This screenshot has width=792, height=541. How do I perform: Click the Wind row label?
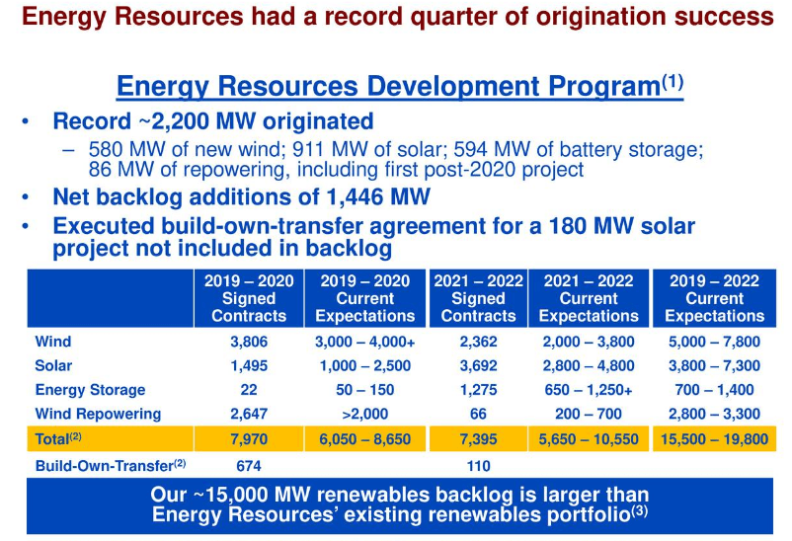[x=53, y=343]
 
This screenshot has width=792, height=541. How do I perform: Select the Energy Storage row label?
[x=90, y=390]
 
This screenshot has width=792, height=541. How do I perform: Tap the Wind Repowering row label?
[x=98, y=414]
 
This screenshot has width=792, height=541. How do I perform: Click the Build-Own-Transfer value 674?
[x=249, y=465]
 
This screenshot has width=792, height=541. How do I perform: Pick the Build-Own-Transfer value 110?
[x=478, y=465]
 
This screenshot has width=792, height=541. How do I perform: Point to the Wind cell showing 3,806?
[x=249, y=343]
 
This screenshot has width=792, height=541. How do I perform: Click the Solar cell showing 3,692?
[x=478, y=366]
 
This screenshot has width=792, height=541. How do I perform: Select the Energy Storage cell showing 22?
[x=249, y=390]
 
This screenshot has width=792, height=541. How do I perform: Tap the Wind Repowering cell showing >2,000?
[x=365, y=414]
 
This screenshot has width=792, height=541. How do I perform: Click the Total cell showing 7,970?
[x=249, y=438]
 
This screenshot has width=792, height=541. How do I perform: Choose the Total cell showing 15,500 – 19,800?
[x=714, y=438]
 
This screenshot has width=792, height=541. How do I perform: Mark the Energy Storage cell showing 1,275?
[x=478, y=390]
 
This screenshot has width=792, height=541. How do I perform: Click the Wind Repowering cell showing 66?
[x=478, y=414]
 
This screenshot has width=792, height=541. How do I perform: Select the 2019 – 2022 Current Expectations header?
[x=714, y=298]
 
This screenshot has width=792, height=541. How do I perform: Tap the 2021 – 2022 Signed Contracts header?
[x=478, y=298]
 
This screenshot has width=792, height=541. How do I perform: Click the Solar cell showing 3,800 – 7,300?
[x=714, y=366]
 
